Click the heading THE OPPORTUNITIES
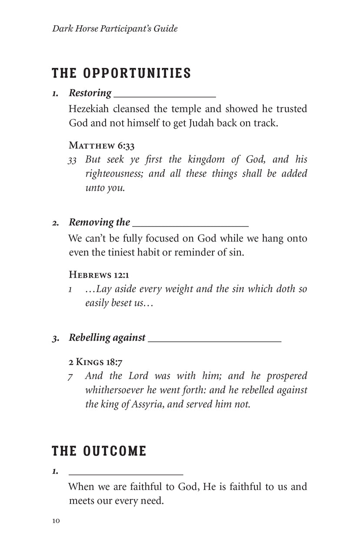tap(121, 73)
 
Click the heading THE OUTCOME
tap(99, 451)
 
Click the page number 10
tap(56, 521)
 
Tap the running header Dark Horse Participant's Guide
tap(115, 29)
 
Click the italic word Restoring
tap(90, 93)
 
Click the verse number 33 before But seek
tap(72, 160)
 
